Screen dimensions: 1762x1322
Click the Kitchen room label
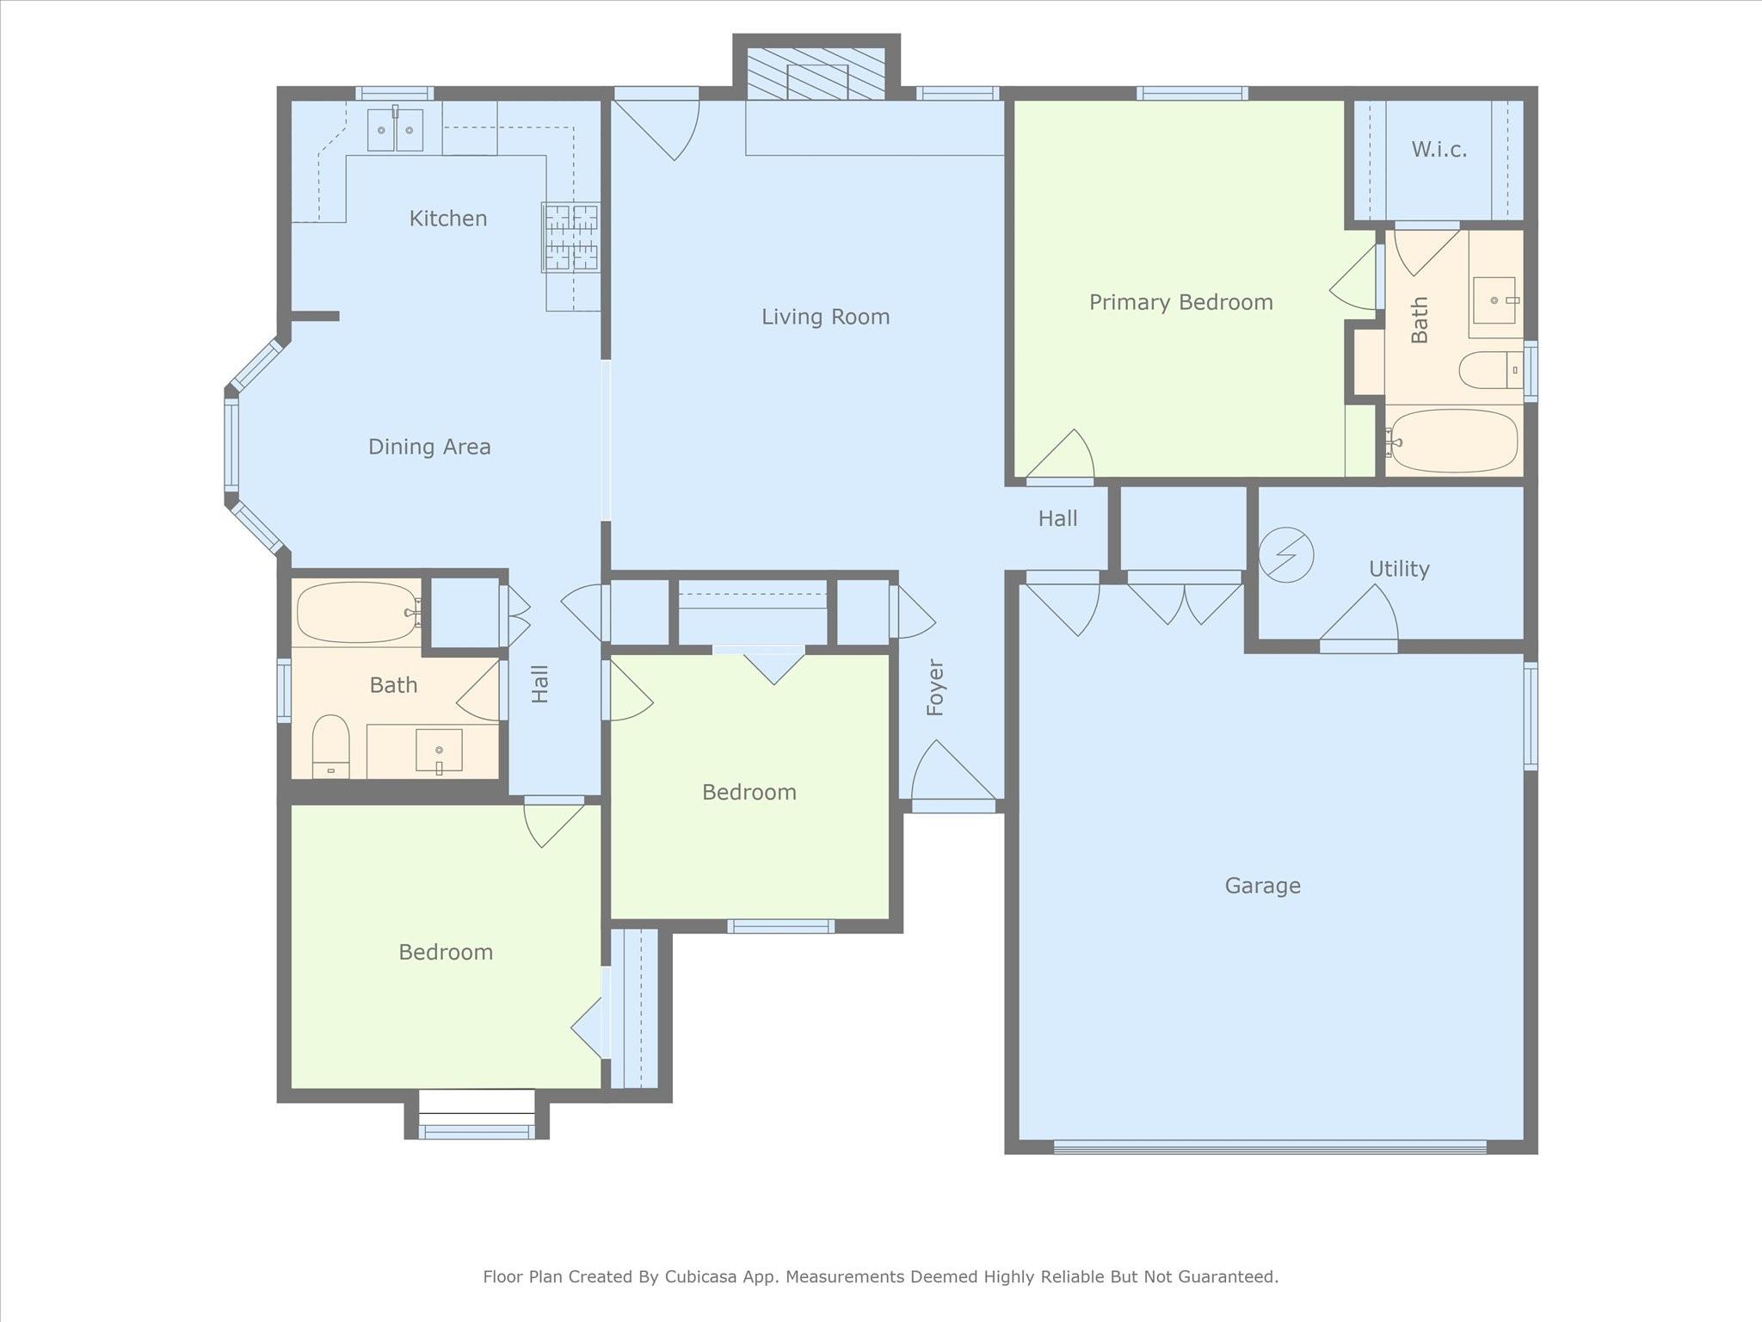tap(448, 219)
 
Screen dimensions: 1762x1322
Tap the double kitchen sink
tap(395, 130)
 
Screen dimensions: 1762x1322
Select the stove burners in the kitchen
tap(570, 238)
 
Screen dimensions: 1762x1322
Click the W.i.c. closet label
tap(1439, 150)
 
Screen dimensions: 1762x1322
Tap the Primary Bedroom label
tap(1181, 303)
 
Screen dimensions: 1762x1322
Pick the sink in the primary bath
tap(1495, 300)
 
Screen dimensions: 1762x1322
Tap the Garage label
tap(1262, 886)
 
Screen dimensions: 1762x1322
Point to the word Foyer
tap(936, 688)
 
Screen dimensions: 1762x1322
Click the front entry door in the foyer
tap(953, 775)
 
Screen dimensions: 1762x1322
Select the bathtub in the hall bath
tap(357, 612)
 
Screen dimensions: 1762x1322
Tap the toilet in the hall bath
tap(330, 746)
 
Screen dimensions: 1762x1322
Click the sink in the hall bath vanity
tap(439, 751)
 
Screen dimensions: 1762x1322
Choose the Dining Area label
tap(429, 447)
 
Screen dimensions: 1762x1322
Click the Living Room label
tap(825, 317)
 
